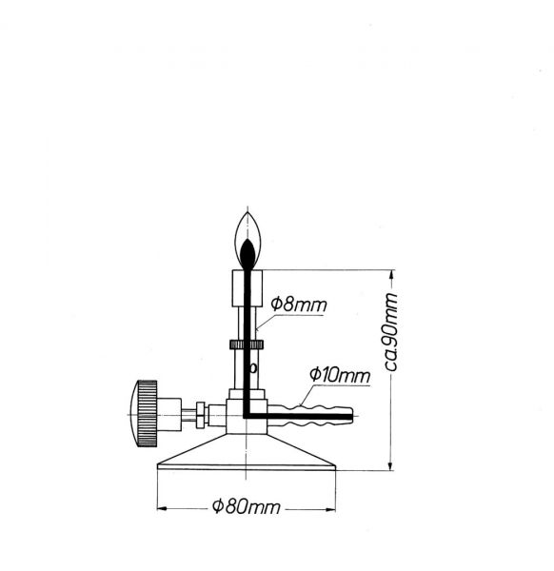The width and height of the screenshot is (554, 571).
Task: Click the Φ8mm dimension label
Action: tap(299, 305)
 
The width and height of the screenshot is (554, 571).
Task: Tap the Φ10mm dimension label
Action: tap(340, 375)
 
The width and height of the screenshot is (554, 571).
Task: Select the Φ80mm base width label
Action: tap(247, 506)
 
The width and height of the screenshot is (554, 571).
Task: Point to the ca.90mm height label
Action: tap(390, 331)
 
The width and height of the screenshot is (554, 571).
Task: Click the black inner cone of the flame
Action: tap(247, 253)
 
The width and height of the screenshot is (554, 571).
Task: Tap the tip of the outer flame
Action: tap(247, 211)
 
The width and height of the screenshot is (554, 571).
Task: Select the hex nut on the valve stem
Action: tap(200, 415)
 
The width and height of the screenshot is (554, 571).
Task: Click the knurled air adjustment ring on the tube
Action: tap(247, 345)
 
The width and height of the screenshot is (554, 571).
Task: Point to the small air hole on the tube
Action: tap(253, 368)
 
